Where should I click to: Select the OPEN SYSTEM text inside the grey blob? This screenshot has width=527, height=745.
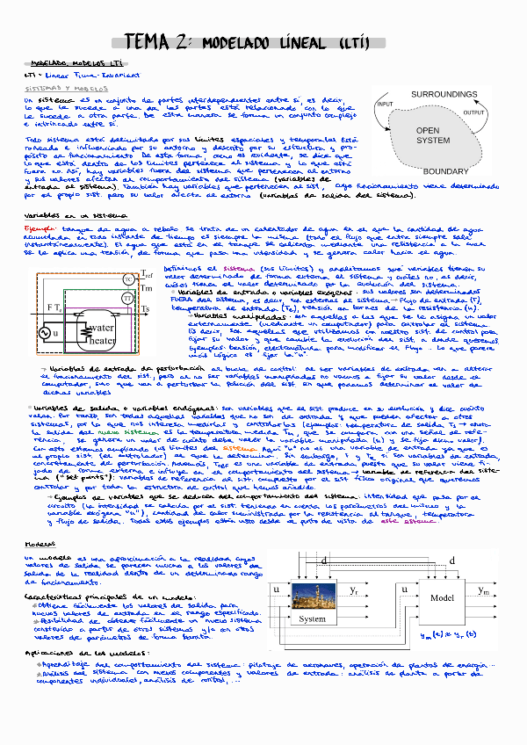pyautogui.click(x=432, y=135)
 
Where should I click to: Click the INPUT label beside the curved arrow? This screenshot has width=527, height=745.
pyautogui.click(x=385, y=104)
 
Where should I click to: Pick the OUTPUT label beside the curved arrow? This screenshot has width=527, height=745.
pyautogui.click(x=474, y=113)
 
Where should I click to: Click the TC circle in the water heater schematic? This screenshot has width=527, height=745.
pyautogui.click(x=129, y=278)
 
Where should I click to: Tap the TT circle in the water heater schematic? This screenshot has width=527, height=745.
pyautogui.click(x=129, y=299)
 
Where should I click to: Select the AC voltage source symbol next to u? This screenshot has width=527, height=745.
pyautogui.click(x=43, y=333)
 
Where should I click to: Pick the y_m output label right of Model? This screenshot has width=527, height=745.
pyautogui.click(x=484, y=589)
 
